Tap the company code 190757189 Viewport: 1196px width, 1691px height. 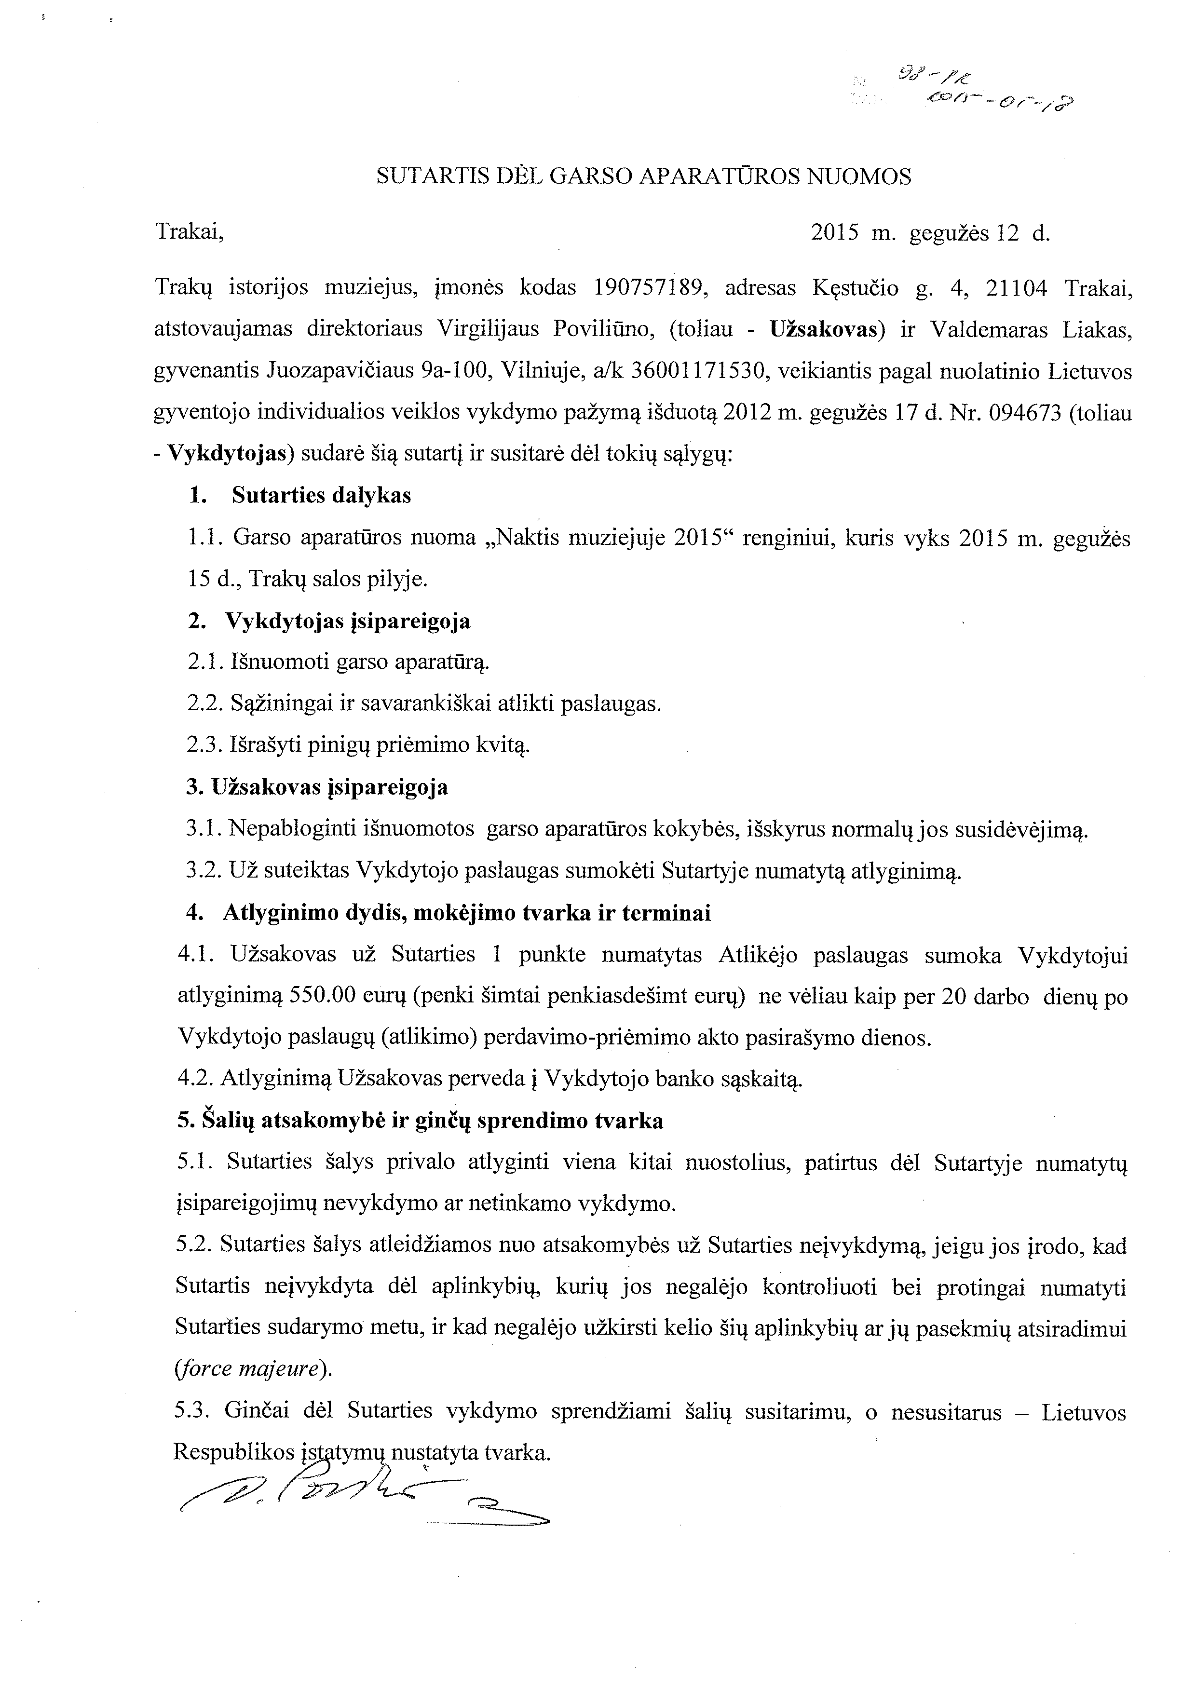pos(647,288)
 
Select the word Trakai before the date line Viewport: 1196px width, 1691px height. pos(189,233)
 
